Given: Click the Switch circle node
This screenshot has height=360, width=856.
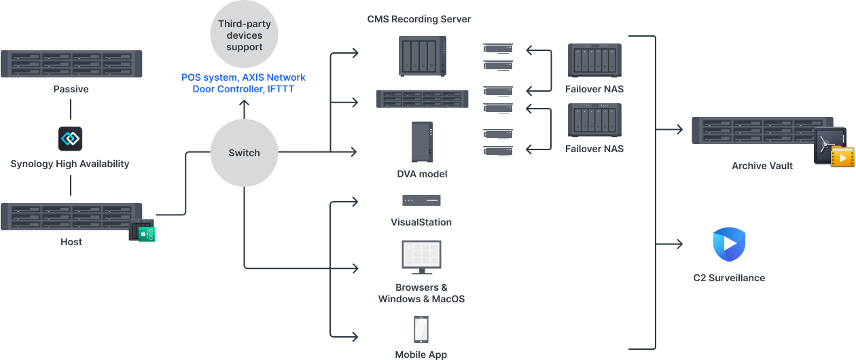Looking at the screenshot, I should pos(244,153).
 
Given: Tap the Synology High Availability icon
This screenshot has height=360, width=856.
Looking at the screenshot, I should pos(70,138).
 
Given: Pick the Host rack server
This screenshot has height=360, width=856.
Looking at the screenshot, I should pos(71,217).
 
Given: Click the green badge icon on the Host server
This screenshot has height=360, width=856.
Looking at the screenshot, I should pos(146,234).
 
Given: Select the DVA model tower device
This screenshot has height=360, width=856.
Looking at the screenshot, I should pos(422,142).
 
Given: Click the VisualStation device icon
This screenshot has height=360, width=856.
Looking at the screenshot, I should pos(421,200).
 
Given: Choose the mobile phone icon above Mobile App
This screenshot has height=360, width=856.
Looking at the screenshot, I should pos(421,329).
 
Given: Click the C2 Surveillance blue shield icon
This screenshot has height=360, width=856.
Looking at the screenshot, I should pos(729,245).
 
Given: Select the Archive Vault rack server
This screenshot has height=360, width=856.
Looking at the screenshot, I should pos(754,130).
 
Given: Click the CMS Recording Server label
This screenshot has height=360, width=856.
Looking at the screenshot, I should pos(418,19).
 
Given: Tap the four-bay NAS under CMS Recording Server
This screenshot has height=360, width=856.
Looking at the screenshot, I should pos(422,56).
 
